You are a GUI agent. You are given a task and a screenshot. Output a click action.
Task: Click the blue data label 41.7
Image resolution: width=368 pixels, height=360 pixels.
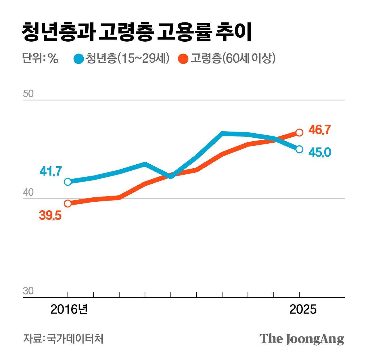click(x=51, y=171)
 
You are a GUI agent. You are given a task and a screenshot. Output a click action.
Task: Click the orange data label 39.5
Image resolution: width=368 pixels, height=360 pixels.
click(x=50, y=215)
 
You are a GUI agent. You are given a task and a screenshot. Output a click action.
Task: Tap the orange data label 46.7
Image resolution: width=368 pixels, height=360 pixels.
click(x=320, y=130)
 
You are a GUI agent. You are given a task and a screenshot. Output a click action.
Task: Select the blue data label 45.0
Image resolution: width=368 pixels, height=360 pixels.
click(x=320, y=152)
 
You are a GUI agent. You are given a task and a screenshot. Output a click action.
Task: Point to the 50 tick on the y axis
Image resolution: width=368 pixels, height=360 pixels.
click(x=28, y=94)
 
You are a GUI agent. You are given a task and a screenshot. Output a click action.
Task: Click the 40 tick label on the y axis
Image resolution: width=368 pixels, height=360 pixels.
click(x=28, y=192)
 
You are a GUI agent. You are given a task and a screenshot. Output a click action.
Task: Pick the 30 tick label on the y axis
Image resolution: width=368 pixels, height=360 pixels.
click(x=28, y=291)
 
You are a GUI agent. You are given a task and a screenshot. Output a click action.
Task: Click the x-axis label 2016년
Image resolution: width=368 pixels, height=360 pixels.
click(x=69, y=309)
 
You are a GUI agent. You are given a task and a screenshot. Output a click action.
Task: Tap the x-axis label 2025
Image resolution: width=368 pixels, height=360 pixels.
click(x=303, y=309)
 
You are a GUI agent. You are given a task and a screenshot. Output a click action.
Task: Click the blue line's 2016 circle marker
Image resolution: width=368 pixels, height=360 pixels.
click(x=68, y=182)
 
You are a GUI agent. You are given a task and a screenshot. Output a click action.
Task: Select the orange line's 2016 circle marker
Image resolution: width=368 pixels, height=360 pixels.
click(x=68, y=203)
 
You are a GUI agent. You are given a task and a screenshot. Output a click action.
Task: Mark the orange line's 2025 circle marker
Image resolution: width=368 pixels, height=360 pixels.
click(x=299, y=132)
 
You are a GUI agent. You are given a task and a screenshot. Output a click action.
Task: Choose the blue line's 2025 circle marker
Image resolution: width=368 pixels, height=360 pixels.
click(x=299, y=149)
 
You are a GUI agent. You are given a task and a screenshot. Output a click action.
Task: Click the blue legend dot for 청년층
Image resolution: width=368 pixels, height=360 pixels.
click(x=78, y=59)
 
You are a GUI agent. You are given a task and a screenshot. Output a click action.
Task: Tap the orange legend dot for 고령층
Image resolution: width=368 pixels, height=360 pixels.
click(x=183, y=59)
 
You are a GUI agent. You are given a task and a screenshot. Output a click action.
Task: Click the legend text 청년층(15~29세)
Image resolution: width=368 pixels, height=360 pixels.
click(x=127, y=58)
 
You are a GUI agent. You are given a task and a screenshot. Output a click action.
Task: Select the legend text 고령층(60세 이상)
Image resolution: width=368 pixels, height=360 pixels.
click(x=233, y=58)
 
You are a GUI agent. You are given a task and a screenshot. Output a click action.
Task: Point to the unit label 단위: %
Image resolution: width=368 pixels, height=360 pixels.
click(x=40, y=58)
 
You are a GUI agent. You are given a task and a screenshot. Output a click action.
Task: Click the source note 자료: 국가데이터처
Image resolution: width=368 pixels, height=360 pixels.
click(x=63, y=338)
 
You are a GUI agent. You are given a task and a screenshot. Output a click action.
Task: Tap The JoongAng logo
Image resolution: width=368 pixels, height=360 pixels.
click(x=302, y=339)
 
